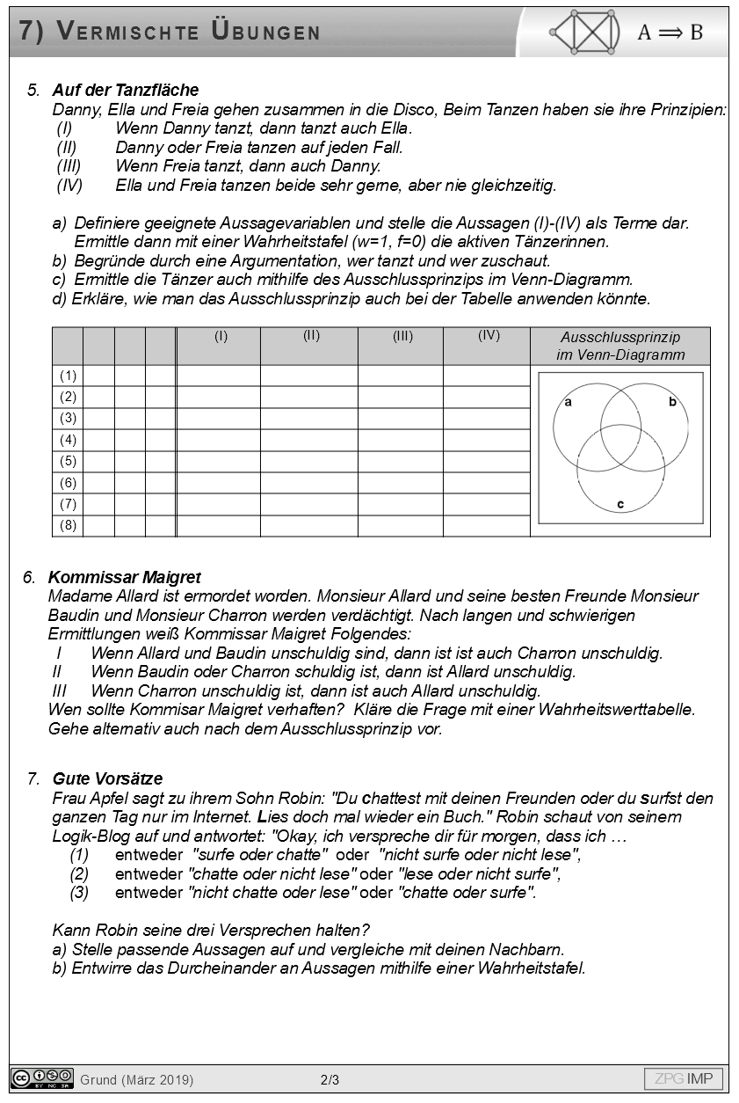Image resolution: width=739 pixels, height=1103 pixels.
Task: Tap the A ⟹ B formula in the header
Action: (670, 33)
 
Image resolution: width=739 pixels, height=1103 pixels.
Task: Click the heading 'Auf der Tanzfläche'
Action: (126, 90)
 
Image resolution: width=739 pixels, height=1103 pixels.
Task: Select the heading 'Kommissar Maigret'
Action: (124, 577)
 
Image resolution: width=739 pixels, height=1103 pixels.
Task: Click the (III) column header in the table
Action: (402, 336)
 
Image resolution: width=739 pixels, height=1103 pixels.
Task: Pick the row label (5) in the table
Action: (68, 461)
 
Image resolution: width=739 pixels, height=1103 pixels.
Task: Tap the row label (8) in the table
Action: (68, 525)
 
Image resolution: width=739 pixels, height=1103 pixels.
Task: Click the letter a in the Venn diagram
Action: (568, 402)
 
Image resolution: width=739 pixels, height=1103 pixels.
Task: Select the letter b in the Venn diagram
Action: (672, 402)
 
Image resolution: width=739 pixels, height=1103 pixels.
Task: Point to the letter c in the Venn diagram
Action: (620, 504)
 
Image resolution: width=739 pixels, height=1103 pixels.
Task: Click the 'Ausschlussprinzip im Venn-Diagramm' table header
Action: (619, 346)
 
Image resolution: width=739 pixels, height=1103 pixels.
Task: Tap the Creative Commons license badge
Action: (41, 1078)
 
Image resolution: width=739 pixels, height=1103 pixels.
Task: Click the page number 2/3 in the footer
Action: (330, 1079)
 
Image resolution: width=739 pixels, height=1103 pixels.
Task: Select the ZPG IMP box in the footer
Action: (684, 1078)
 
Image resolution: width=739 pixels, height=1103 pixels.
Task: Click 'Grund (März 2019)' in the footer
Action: (136, 1079)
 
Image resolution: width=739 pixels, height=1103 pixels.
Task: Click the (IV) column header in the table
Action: (489, 335)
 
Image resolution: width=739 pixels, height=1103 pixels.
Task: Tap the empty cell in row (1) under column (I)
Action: (219, 376)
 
